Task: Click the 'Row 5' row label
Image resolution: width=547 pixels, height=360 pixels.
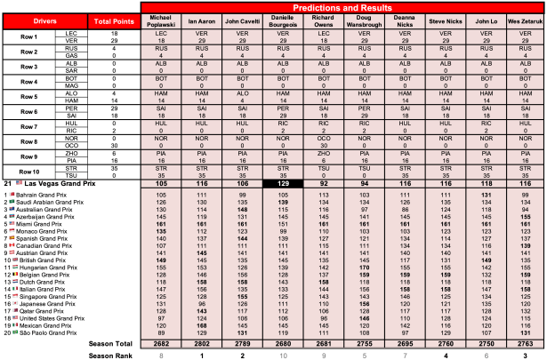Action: click(x=30, y=96)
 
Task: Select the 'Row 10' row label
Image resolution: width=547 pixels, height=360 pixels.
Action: click(x=30, y=197)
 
